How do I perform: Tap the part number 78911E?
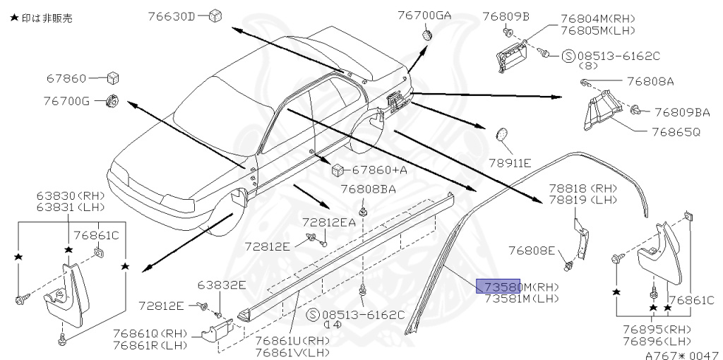click(x=513, y=163)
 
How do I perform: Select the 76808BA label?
click(x=368, y=189)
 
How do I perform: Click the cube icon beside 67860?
click(x=112, y=78)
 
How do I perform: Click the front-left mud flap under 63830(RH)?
click(x=63, y=293)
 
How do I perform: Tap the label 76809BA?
click(x=681, y=112)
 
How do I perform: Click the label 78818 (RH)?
click(x=583, y=188)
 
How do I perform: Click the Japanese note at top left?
click(x=41, y=18)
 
